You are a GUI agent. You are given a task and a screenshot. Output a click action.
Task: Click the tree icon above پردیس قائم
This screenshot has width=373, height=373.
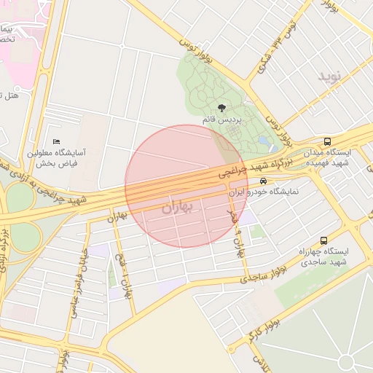pos(221,108)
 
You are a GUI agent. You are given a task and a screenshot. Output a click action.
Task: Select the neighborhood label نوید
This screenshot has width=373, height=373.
pos(329,76)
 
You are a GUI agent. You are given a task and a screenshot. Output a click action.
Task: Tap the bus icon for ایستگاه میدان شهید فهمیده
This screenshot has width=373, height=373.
pos(326,141)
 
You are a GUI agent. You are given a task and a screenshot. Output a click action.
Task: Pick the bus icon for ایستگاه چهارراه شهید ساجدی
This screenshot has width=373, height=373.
pos(323,240)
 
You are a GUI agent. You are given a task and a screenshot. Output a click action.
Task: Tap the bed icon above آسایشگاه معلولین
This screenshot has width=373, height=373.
pos(57,141)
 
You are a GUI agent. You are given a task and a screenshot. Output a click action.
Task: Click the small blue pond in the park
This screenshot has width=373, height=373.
pos(263,139)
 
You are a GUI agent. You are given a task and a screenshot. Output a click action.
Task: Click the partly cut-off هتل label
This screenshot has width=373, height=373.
pos(9,95)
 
